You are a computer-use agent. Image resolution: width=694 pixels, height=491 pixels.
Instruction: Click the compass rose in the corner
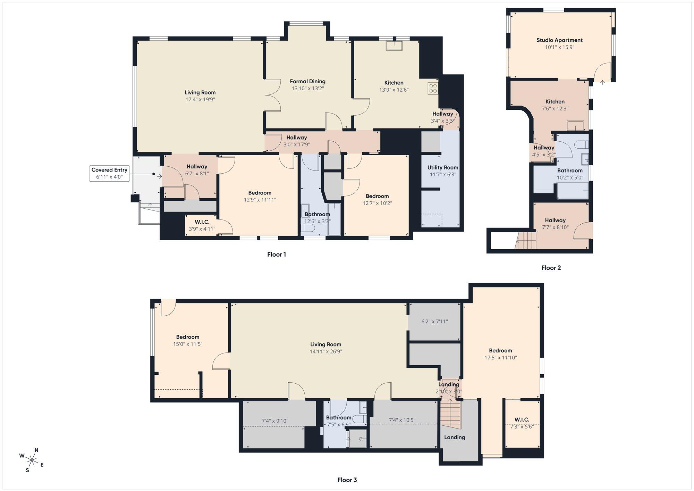(x=32, y=460)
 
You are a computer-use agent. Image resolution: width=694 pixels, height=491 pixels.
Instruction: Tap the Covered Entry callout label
(x=109, y=173)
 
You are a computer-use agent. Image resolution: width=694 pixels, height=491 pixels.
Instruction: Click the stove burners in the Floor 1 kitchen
(x=433, y=88)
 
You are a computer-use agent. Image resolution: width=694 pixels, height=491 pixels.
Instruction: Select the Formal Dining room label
(x=308, y=82)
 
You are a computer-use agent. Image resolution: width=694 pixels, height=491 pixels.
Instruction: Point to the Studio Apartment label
(x=559, y=40)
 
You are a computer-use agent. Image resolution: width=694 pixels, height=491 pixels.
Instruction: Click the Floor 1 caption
(x=277, y=255)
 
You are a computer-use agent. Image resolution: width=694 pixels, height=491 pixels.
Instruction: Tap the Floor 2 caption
(x=551, y=268)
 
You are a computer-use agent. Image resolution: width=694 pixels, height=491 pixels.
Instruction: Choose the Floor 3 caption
(x=347, y=480)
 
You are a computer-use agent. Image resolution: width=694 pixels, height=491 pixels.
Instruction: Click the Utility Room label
(x=443, y=168)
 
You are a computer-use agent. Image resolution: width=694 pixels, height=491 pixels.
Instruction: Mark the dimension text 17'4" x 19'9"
(x=200, y=100)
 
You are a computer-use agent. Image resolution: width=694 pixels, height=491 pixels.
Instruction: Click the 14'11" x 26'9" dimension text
(x=325, y=351)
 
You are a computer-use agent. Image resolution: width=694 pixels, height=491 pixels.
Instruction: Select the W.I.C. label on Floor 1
(x=202, y=222)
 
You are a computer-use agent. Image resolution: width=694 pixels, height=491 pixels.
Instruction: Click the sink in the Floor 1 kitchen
(x=394, y=46)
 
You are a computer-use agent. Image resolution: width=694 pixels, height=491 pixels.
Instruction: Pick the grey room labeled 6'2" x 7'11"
(x=434, y=322)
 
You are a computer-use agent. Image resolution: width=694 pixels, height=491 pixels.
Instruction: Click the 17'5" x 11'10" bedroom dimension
(x=501, y=358)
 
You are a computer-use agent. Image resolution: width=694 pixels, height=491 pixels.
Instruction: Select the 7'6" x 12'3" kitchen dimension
(x=555, y=109)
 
